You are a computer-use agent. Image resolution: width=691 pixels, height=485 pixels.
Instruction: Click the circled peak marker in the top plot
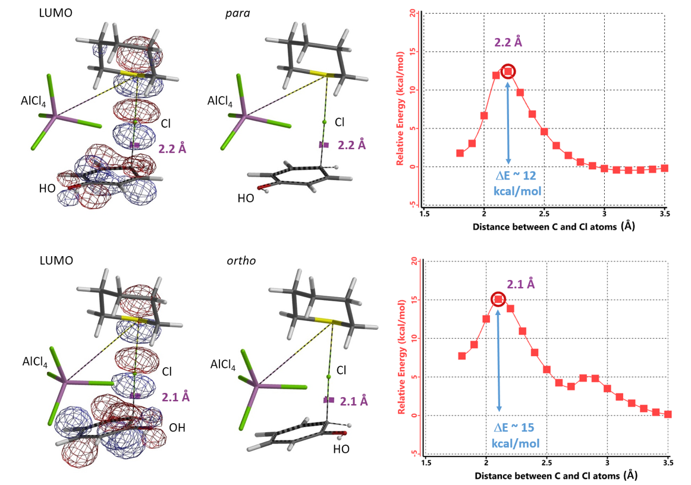(x=508, y=71)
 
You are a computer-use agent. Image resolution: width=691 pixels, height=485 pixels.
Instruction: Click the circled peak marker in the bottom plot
(x=498, y=299)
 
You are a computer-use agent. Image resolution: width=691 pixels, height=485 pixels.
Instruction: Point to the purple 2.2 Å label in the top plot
(x=508, y=42)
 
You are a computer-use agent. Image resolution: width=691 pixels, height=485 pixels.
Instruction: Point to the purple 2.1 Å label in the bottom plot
(x=521, y=284)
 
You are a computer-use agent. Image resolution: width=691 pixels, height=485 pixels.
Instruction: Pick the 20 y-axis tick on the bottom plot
(x=414, y=262)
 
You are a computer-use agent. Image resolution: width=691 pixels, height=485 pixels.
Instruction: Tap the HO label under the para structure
(x=246, y=198)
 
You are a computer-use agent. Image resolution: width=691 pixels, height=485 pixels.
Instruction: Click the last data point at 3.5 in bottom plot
(x=668, y=414)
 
